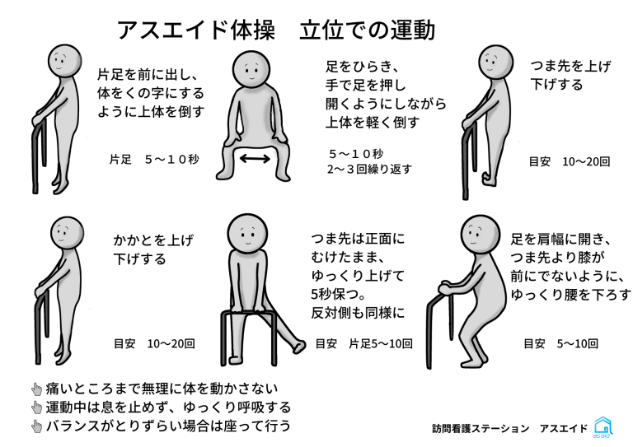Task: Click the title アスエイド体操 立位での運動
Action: click(276, 30)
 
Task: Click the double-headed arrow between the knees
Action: click(255, 158)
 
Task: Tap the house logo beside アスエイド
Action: click(603, 426)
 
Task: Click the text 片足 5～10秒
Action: click(154, 160)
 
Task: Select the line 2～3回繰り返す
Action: click(369, 169)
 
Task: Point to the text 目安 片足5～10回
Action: click(363, 344)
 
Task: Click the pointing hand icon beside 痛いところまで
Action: click(37, 389)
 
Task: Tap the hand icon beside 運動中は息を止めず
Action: click(37, 407)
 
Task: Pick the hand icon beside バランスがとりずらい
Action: click(37, 426)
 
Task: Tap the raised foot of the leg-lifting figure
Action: click(299, 347)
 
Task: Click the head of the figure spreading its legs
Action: click(251, 69)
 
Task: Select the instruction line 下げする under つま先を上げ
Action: click(556, 85)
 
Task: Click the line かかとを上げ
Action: click(153, 240)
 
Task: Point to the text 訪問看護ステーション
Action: click(481, 428)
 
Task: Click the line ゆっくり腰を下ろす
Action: click(570, 295)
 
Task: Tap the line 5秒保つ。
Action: click(338, 294)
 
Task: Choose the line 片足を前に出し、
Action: click(147, 75)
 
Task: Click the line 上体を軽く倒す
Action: click(373, 122)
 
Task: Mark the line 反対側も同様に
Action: click(358, 313)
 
